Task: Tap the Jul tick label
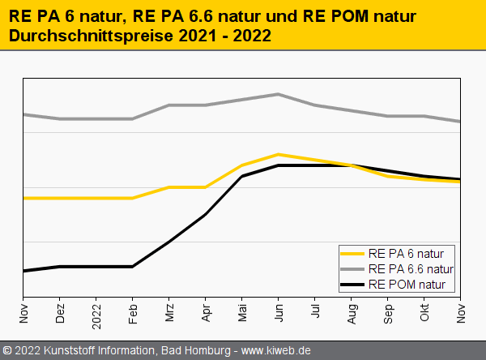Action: coord(315,313)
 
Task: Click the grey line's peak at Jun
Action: coord(279,94)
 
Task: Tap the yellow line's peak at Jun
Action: coord(279,154)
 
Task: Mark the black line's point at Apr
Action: coord(206,214)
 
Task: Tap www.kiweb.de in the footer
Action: coord(277,351)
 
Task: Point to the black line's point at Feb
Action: coord(133,266)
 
